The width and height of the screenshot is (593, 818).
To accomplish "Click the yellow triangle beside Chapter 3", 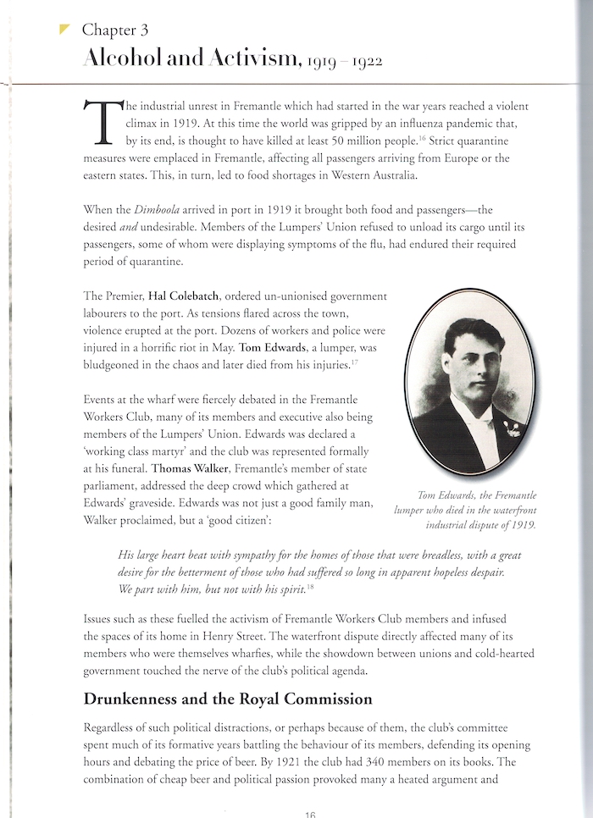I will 64,29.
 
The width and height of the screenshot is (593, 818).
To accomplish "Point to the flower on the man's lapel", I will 511,428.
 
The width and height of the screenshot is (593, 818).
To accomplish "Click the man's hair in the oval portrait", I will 466,334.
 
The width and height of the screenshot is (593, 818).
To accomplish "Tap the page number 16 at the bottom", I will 309,813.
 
